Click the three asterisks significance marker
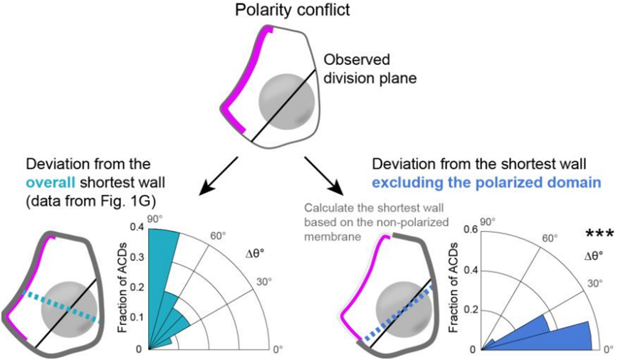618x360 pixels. (599, 233)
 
